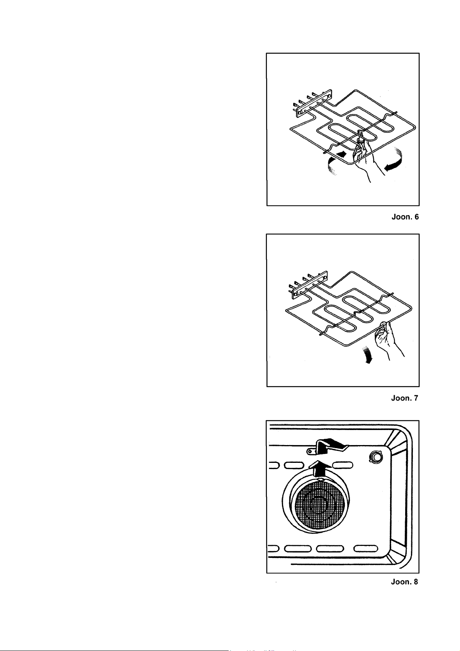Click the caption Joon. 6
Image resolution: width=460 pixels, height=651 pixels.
[x=405, y=217]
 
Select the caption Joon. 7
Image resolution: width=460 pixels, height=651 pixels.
[x=404, y=398]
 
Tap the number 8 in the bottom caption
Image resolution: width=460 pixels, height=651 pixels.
[x=415, y=581]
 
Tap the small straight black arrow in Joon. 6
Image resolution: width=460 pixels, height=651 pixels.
[x=341, y=154]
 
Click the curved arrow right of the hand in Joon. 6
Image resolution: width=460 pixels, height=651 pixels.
[x=393, y=162]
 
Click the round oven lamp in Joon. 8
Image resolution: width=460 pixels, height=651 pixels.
[x=375, y=457]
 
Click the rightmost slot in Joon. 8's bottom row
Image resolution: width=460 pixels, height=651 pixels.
[x=365, y=548]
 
